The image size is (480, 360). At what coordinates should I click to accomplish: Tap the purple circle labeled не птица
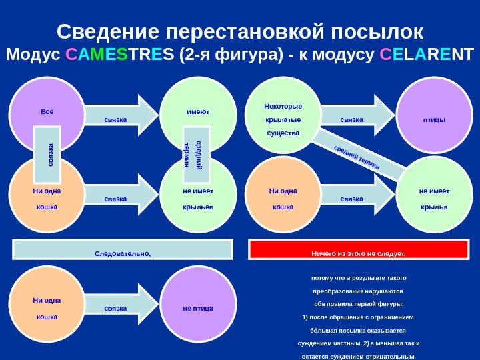[x=198, y=308]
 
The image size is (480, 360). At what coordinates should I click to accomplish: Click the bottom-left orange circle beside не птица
[x=47, y=308]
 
